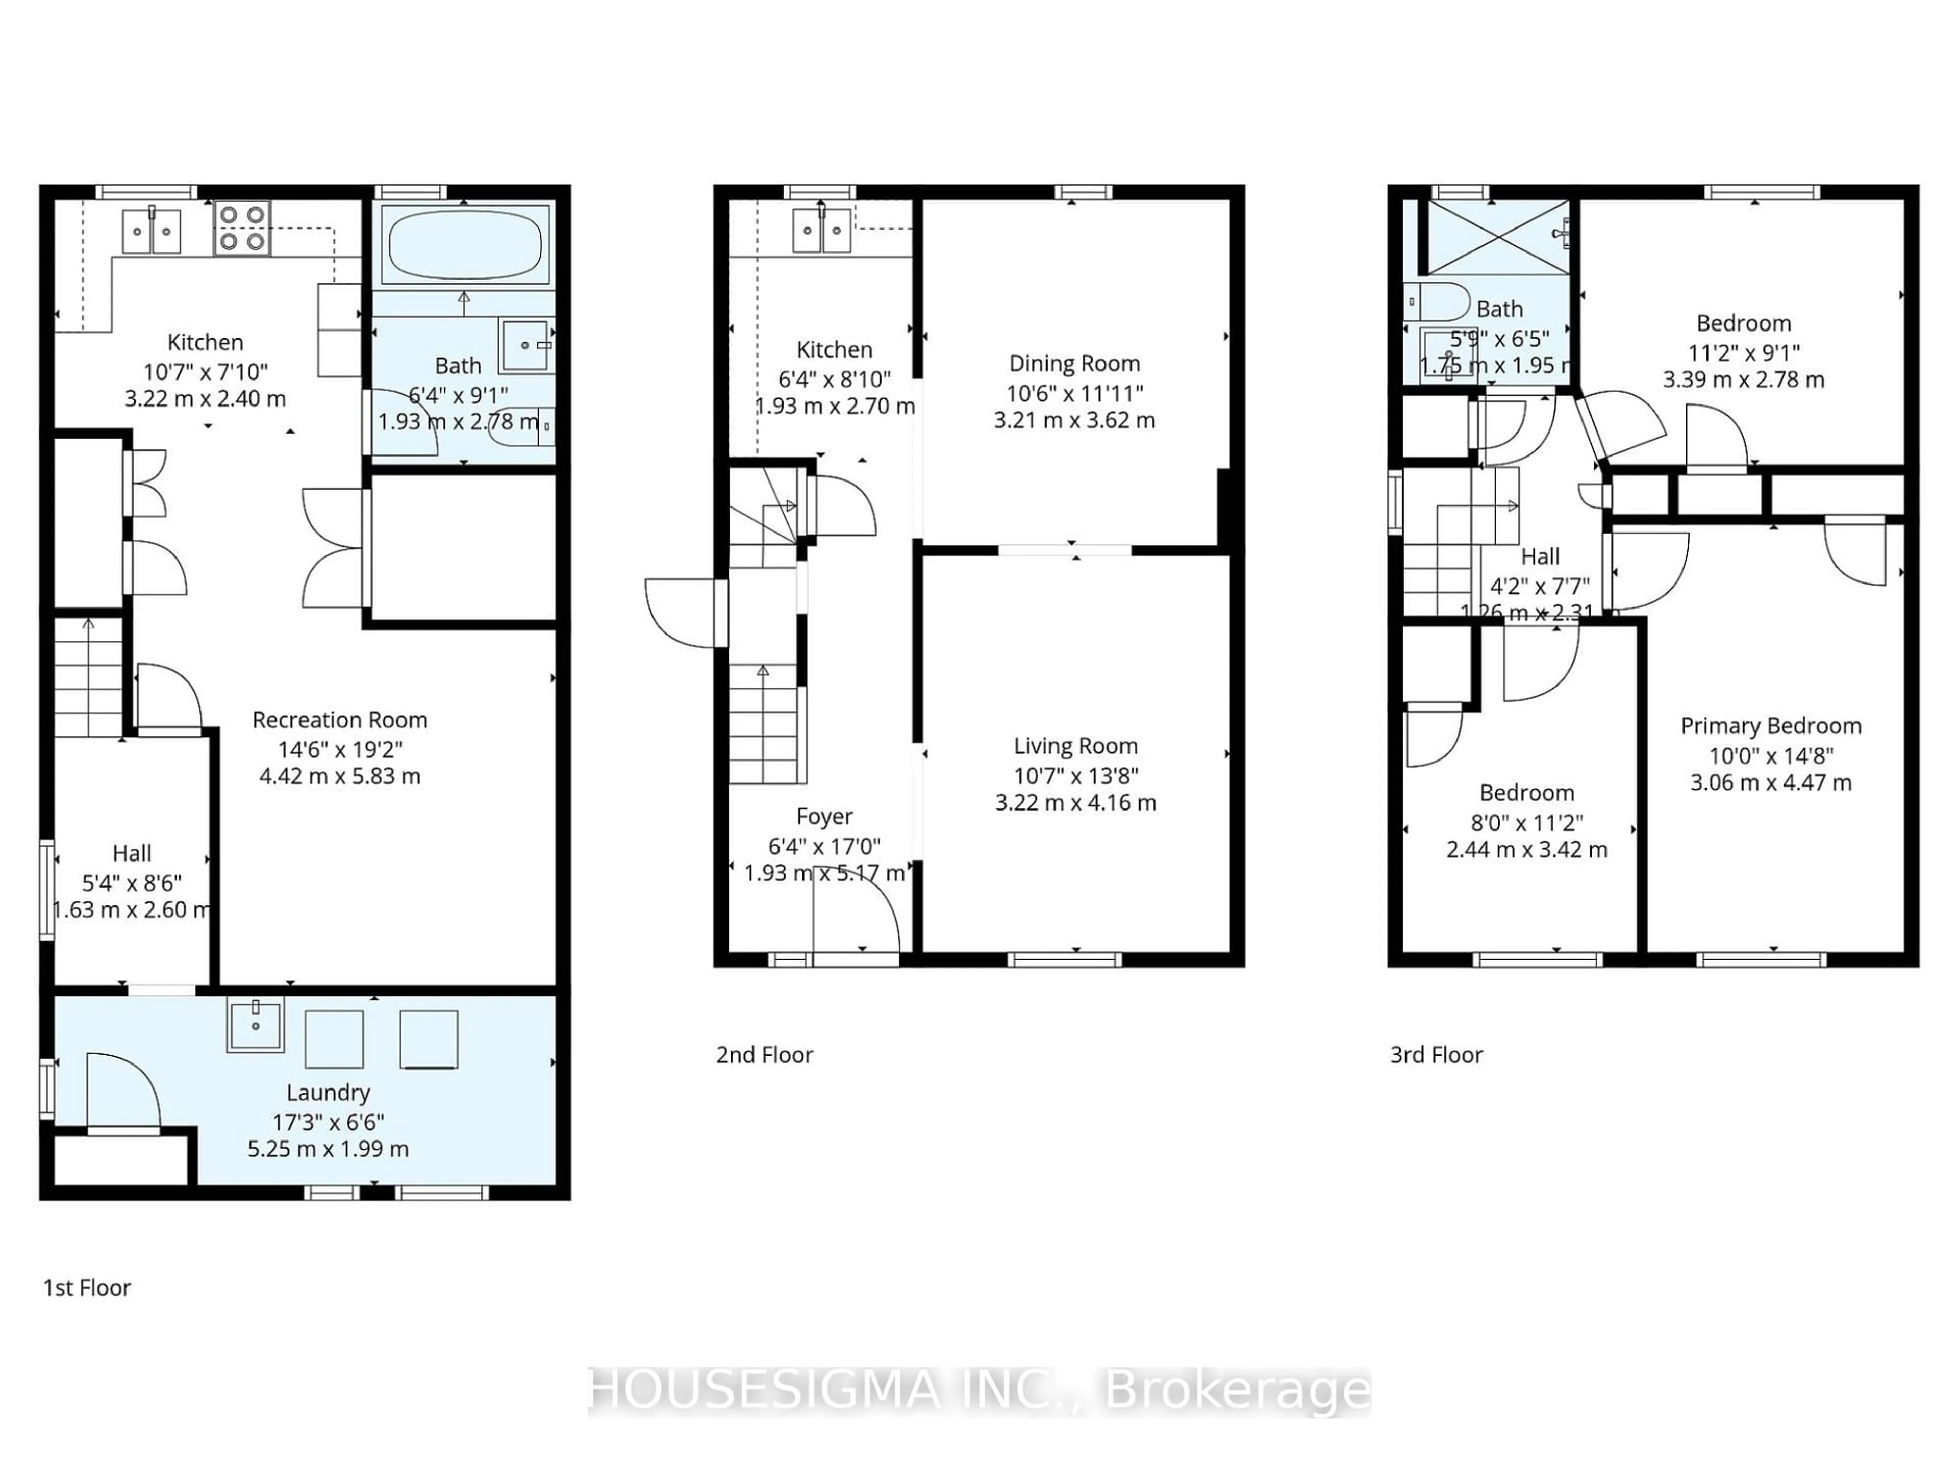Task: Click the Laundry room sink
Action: click(255, 1025)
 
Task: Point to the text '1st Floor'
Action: click(87, 1287)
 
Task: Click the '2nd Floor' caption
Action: click(764, 1055)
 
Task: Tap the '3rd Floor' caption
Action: click(1436, 1055)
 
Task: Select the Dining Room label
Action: click(1074, 363)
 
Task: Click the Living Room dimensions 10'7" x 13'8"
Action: click(1075, 776)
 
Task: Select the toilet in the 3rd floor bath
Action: click(1437, 302)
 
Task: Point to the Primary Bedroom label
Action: click(1770, 726)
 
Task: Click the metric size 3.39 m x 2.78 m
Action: click(1743, 380)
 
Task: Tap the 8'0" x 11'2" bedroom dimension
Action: click(1526, 823)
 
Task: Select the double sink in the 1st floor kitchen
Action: click(152, 231)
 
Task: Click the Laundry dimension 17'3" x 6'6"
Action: click(328, 1122)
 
